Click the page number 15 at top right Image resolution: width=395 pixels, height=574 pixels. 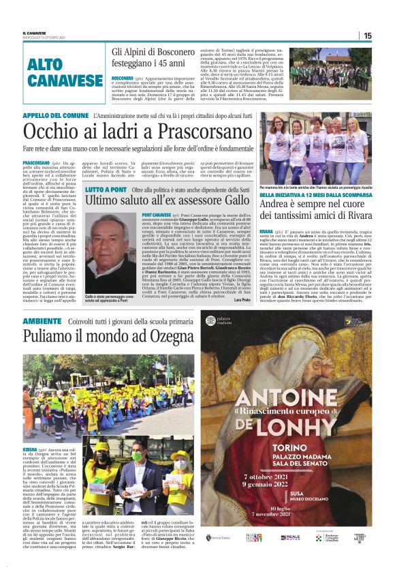coord(368,35)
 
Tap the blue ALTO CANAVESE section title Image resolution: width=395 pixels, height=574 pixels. coord(65,74)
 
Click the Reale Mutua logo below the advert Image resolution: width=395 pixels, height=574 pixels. coord(289,538)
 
